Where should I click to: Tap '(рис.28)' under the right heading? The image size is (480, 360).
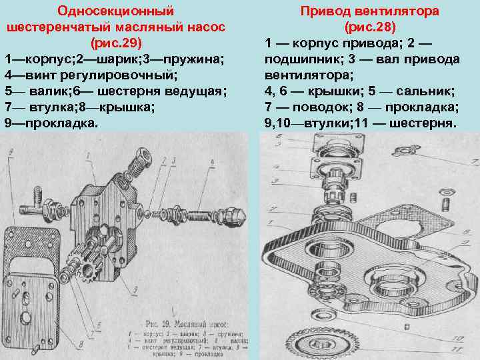point(369,27)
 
